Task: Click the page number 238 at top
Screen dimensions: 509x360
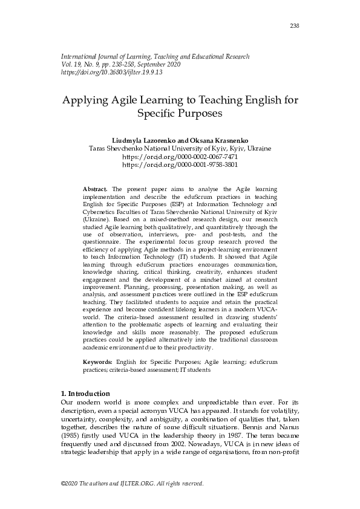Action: pyautogui.click(x=295, y=25)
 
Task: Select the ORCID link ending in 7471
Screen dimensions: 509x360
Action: pyautogui.click(x=180, y=156)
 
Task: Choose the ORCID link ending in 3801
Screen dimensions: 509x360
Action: pyautogui.click(x=180, y=164)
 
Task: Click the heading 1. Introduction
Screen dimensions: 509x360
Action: pyautogui.click(x=86, y=393)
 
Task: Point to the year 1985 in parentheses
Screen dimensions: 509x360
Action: pyautogui.click(x=73, y=434)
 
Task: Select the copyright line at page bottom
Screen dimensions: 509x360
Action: pyautogui.click(x=133, y=484)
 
